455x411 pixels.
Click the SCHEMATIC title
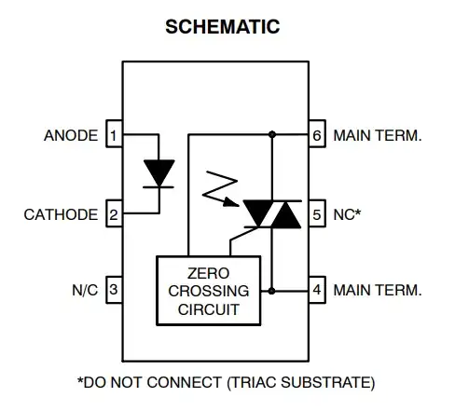(x=222, y=26)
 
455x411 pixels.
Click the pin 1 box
(x=113, y=136)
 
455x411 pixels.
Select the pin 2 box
(x=113, y=214)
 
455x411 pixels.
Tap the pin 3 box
(x=113, y=291)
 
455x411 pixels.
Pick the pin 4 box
(x=317, y=291)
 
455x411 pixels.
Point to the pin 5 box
(x=317, y=214)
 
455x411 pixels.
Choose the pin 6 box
(x=317, y=136)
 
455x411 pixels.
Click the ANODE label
(x=71, y=136)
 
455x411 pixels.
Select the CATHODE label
(x=61, y=214)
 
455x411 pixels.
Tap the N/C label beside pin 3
(x=84, y=291)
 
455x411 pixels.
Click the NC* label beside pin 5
(x=348, y=214)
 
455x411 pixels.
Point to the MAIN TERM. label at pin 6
(x=378, y=136)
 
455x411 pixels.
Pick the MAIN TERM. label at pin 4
(x=378, y=291)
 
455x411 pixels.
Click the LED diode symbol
(x=159, y=174)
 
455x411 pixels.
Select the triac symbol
(x=271, y=214)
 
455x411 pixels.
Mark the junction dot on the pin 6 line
(x=272, y=136)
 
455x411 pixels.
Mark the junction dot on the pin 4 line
(x=272, y=291)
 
